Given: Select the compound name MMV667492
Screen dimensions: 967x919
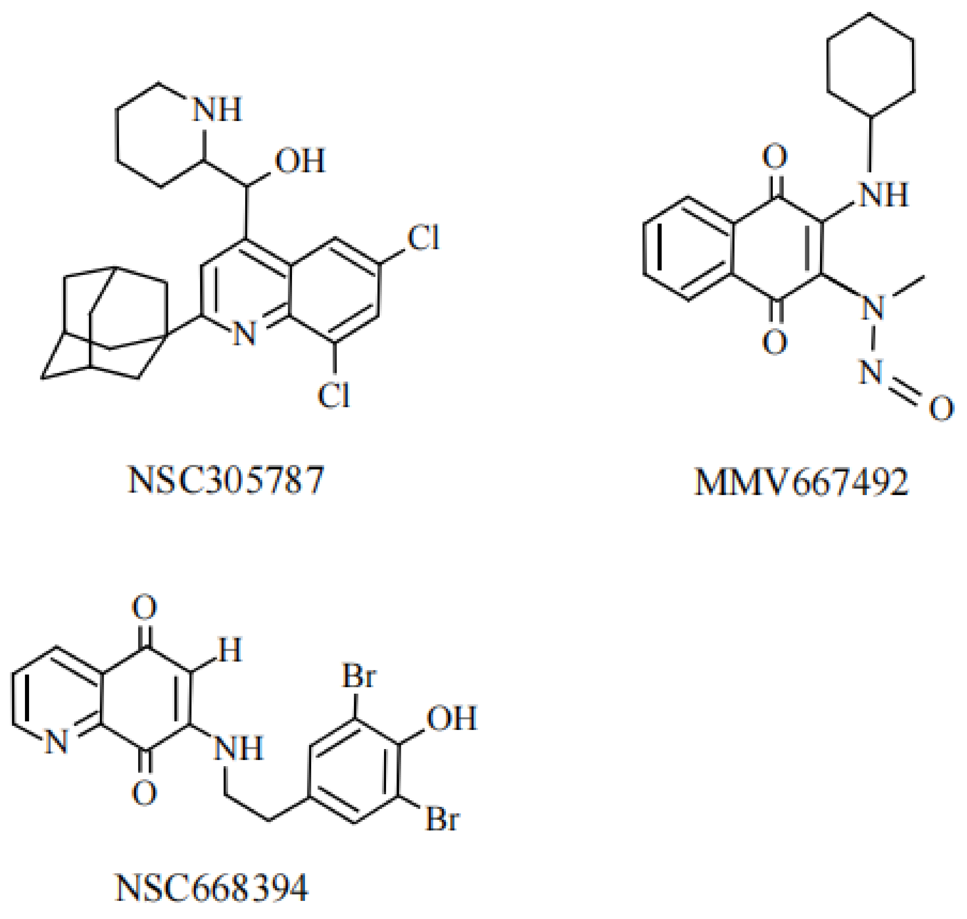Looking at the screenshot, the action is point(802,482).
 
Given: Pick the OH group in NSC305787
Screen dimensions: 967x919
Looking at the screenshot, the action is point(300,161).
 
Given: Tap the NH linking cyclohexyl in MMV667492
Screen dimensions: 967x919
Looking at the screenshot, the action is point(883,195).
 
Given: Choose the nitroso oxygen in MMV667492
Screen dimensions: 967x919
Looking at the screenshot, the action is point(941,409).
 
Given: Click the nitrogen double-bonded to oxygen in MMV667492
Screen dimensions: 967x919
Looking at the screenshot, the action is point(871,373).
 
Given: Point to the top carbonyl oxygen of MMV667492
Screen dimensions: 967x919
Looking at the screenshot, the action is point(774,157).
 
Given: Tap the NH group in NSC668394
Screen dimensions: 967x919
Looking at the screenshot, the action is point(239,748).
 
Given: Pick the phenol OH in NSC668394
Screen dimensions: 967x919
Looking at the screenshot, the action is point(451,719).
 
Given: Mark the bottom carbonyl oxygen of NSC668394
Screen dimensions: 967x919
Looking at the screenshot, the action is point(144,793).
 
